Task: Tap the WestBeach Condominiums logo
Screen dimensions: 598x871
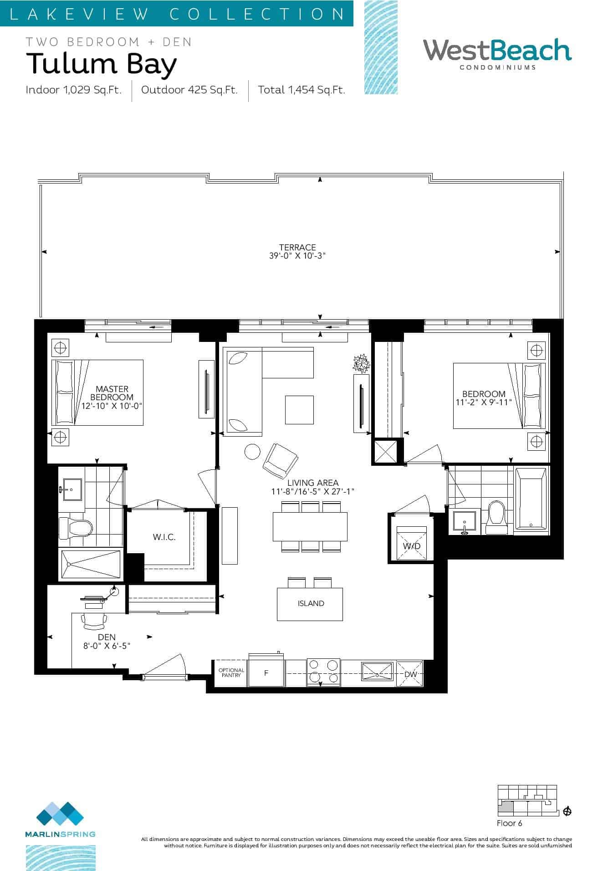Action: pos(497,54)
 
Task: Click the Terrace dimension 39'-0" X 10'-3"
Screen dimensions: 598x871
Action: pos(297,256)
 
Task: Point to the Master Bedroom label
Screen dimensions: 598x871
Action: pos(112,393)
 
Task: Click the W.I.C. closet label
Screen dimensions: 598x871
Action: pos(164,537)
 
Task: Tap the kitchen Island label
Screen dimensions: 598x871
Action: pos(311,603)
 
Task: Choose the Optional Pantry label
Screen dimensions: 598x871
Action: pos(231,672)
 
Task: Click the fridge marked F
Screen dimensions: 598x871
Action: pos(266,672)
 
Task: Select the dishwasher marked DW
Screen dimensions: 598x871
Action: pos(410,674)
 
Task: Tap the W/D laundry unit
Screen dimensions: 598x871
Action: pos(411,543)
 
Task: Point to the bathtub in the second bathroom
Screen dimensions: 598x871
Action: pos(531,499)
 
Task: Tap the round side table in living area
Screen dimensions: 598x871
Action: pos(253,451)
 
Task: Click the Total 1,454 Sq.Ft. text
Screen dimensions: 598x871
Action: pos(302,90)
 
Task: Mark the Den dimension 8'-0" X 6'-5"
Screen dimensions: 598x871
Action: pos(107,646)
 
